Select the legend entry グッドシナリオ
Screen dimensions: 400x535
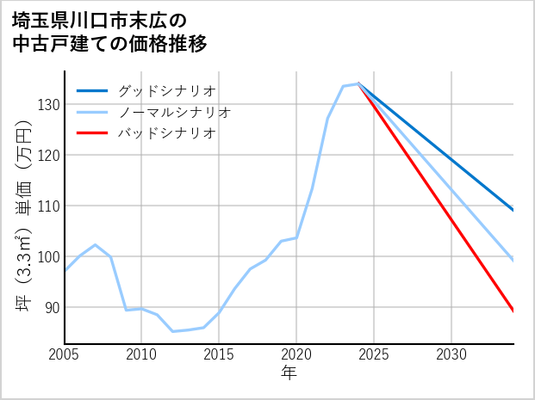coord(166,90)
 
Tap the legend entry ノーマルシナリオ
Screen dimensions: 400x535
coord(174,112)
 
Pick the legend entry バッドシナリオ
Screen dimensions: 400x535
coord(166,133)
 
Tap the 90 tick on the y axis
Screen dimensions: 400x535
coord(51,308)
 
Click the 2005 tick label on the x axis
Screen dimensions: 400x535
coord(65,354)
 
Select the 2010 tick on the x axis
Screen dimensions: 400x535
coord(141,354)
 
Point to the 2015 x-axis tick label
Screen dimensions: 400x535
coord(219,354)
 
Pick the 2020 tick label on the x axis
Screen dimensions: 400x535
coord(296,354)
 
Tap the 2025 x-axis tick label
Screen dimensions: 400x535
coord(374,354)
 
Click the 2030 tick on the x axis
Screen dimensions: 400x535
coord(451,354)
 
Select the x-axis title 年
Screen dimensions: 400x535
coord(289,373)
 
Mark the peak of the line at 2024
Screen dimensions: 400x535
coord(358,83)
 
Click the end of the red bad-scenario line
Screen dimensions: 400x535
coord(513,311)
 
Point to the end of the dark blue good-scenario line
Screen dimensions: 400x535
coord(513,210)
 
